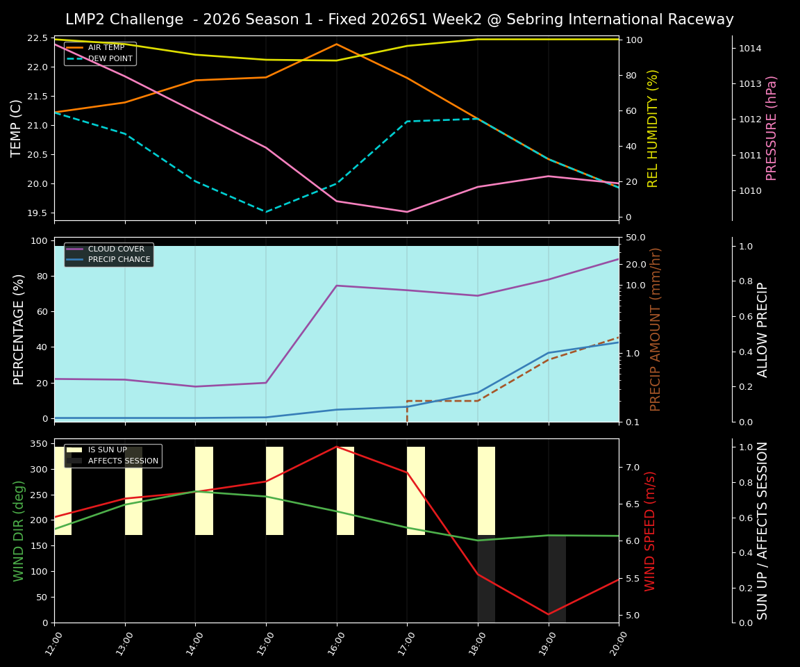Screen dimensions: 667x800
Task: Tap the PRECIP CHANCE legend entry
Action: (119, 260)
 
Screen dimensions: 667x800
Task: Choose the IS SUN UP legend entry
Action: (107, 450)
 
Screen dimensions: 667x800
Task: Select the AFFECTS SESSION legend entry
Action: (123, 461)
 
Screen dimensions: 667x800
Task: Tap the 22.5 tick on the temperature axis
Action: (37, 38)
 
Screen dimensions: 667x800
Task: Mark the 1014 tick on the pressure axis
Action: (751, 49)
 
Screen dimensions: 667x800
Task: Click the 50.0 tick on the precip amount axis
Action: (637, 238)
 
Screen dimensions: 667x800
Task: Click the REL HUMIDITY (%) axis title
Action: (653, 129)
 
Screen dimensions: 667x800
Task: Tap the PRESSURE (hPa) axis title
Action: (772, 129)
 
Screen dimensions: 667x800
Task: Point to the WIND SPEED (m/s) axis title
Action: (651, 531)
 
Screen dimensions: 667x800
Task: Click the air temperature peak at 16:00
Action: (337, 44)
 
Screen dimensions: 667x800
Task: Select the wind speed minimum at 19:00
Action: (549, 614)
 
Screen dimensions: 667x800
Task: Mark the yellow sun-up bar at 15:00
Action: (274, 491)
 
